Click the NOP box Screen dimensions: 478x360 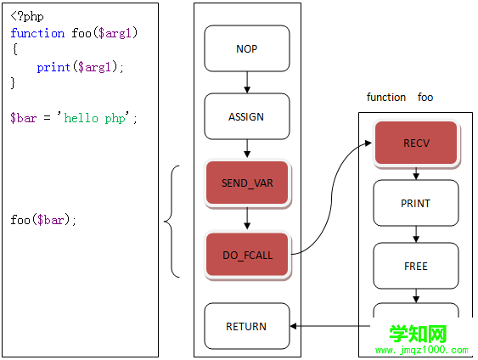click(247, 48)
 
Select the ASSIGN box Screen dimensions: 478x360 click(247, 116)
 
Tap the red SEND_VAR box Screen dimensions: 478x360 click(247, 183)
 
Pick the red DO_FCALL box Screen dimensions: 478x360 click(247, 255)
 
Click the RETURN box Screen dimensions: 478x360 click(247, 326)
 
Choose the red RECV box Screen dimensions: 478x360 click(416, 143)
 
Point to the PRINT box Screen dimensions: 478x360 click(416, 203)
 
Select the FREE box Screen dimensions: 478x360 click(416, 266)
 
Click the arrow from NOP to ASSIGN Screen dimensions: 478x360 click(247, 82)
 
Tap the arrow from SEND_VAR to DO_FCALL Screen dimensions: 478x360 click(247, 218)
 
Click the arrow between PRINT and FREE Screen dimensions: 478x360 click(416, 234)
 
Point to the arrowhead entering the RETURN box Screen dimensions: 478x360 click(293, 326)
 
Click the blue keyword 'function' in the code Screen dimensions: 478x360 click(37, 33)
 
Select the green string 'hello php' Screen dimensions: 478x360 click(94, 118)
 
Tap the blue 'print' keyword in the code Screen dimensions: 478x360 click(53, 67)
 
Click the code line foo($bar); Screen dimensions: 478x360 click(43, 220)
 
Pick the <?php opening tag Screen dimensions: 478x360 click(27, 16)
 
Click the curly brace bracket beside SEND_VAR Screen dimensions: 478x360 click(172, 222)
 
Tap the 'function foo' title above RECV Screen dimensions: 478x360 click(400, 98)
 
